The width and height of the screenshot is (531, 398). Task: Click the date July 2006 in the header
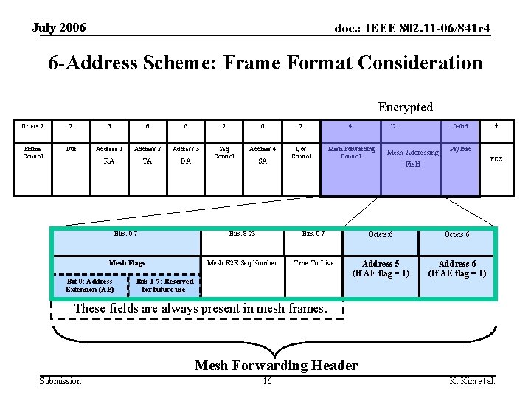pyautogui.click(x=59, y=28)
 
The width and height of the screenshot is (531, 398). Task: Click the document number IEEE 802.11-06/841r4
pyautogui.click(x=412, y=29)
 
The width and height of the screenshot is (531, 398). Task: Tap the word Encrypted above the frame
pyautogui.click(x=406, y=107)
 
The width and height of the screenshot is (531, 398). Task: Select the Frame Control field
pyautogui.click(x=34, y=153)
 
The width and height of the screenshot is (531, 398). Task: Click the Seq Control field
pyautogui.click(x=224, y=153)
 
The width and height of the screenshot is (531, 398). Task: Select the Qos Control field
pyautogui.click(x=302, y=153)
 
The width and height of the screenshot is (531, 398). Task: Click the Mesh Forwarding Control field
pyautogui.click(x=351, y=153)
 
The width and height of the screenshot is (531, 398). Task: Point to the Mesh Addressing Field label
pyautogui.click(x=413, y=158)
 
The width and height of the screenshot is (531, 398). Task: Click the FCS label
pyautogui.click(x=496, y=159)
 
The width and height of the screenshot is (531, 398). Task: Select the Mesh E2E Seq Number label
pyautogui.click(x=242, y=263)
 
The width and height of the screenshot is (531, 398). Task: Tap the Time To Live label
pyautogui.click(x=313, y=263)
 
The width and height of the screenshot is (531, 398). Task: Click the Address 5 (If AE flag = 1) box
pyautogui.click(x=381, y=268)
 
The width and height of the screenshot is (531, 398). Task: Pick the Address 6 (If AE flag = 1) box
pyautogui.click(x=457, y=268)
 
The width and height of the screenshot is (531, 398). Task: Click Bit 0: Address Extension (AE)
pyautogui.click(x=89, y=285)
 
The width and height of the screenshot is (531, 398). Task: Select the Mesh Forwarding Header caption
pyautogui.click(x=276, y=366)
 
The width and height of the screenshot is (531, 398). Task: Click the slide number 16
pyautogui.click(x=267, y=381)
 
